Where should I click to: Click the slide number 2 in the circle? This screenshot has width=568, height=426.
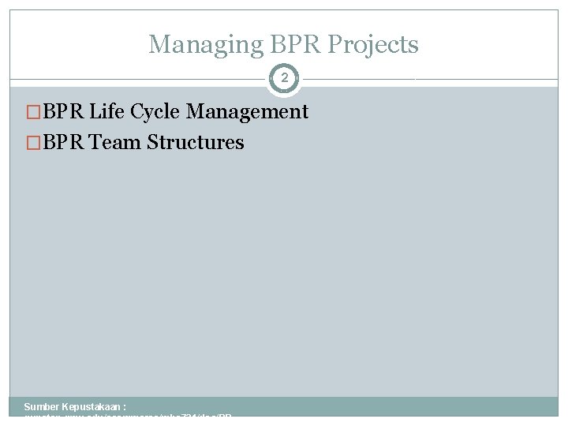[284, 78]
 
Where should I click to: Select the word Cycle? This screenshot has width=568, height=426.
[154, 112]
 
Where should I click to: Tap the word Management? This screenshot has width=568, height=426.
[246, 112]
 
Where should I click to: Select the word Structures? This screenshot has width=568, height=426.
[196, 143]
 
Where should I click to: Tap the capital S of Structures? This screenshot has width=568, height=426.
[152, 143]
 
